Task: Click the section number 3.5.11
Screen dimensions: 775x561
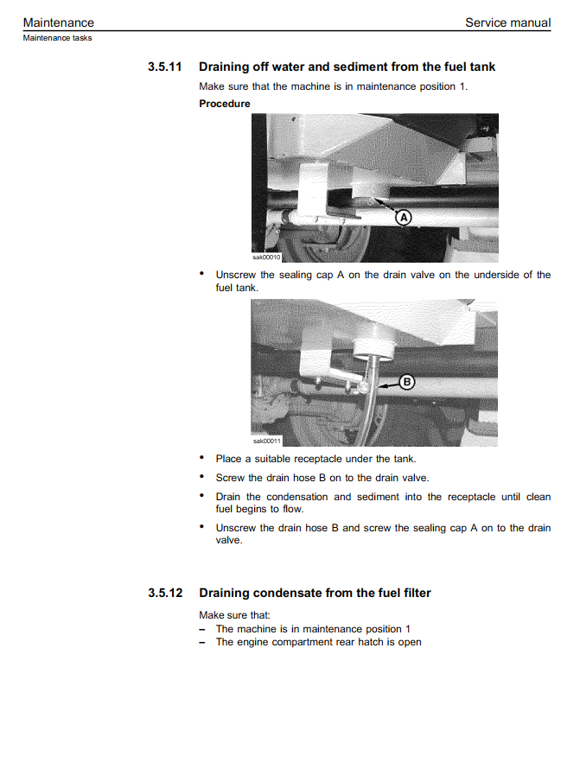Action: point(164,67)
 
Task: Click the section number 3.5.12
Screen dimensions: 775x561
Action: point(164,593)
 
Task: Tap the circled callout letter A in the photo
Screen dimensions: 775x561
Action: point(403,218)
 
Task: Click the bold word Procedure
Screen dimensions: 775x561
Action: point(225,104)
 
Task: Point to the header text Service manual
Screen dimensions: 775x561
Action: point(507,22)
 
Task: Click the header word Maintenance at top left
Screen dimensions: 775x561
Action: point(59,22)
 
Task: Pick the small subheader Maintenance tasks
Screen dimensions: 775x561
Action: point(57,38)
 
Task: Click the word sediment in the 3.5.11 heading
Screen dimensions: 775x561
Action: point(379,67)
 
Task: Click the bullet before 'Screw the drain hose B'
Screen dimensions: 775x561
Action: point(201,477)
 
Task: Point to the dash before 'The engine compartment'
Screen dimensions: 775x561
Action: point(201,643)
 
